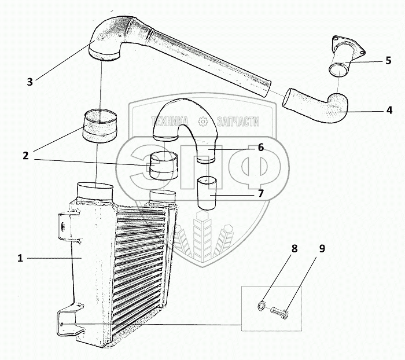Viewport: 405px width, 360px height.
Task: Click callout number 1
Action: click(20, 258)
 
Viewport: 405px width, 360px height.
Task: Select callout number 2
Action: click(26, 155)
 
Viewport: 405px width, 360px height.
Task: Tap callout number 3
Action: click(30, 81)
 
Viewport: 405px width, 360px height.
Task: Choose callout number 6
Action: click(261, 148)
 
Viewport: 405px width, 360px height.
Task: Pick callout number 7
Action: click(261, 193)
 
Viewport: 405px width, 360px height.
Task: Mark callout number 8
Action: click(294, 249)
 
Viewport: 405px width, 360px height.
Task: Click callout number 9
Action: click(322, 249)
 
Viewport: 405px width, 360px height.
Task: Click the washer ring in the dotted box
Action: click(262, 304)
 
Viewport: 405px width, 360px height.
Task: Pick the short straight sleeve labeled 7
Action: click(206, 193)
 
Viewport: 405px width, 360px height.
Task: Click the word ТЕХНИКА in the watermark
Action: click(171, 122)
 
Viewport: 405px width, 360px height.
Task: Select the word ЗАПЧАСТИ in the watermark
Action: click(237, 122)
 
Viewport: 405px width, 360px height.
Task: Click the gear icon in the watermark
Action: click(203, 122)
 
